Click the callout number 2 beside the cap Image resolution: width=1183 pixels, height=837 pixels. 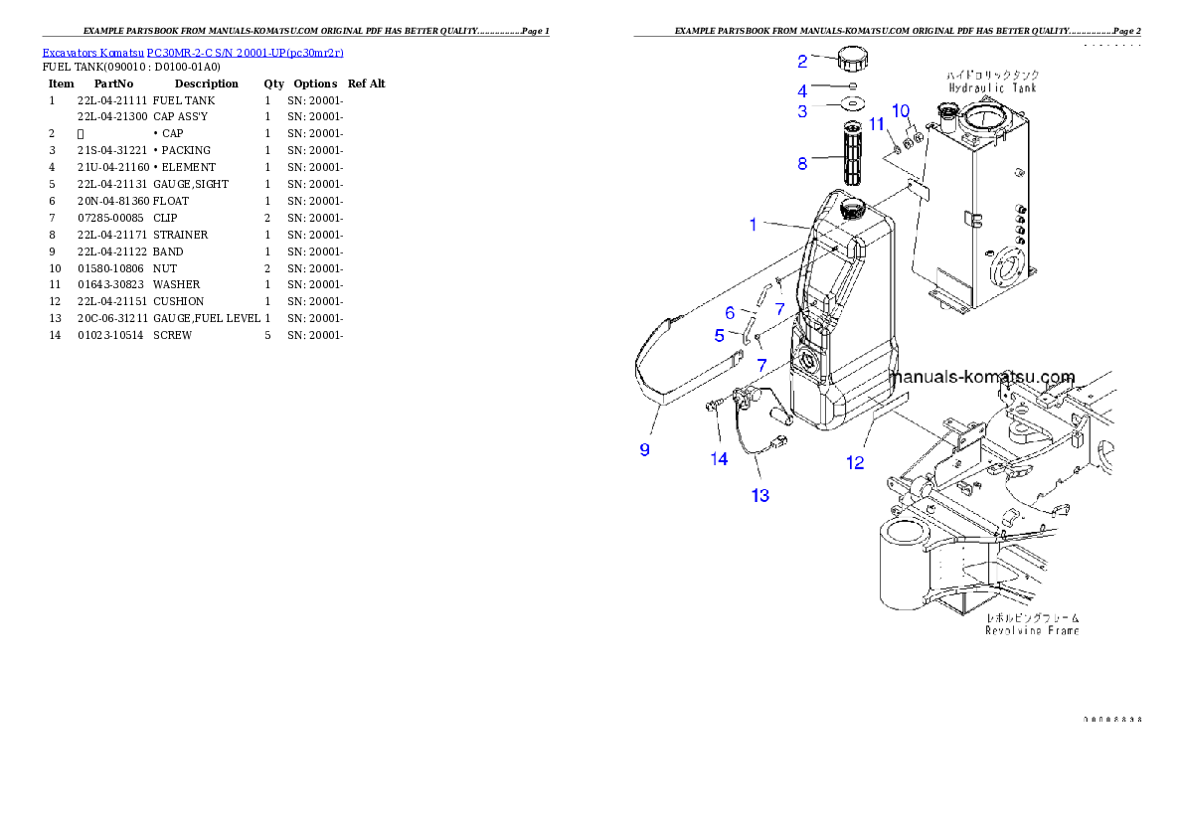click(x=802, y=62)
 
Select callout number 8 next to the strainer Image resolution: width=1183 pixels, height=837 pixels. click(x=802, y=164)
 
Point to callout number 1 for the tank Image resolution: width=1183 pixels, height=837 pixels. click(x=754, y=225)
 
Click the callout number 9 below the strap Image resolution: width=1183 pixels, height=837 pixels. click(x=645, y=449)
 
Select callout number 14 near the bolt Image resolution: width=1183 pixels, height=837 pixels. click(x=719, y=458)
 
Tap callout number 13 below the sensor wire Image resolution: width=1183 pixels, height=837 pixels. click(x=760, y=495)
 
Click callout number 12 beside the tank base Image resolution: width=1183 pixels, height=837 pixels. click(x=855, y=461)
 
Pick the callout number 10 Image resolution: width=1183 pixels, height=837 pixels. click(x=901, y=109)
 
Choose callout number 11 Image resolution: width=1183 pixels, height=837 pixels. click(x=877, y=123)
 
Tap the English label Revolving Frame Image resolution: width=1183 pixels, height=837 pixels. click(x=1032, y=630)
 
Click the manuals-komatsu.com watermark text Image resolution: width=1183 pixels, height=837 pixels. click(x=983, y=378)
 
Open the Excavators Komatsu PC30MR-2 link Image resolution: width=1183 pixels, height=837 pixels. click(x=193, y=53)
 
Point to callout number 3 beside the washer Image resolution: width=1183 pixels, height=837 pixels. click(x=802, y=111)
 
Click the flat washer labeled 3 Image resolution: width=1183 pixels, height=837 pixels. click(x=854, y=103)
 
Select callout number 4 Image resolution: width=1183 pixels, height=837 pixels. click(x=802, y=90)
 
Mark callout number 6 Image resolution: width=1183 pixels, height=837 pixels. click(x=730, y=313)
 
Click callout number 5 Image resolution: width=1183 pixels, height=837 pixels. click(x=720, y=336)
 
